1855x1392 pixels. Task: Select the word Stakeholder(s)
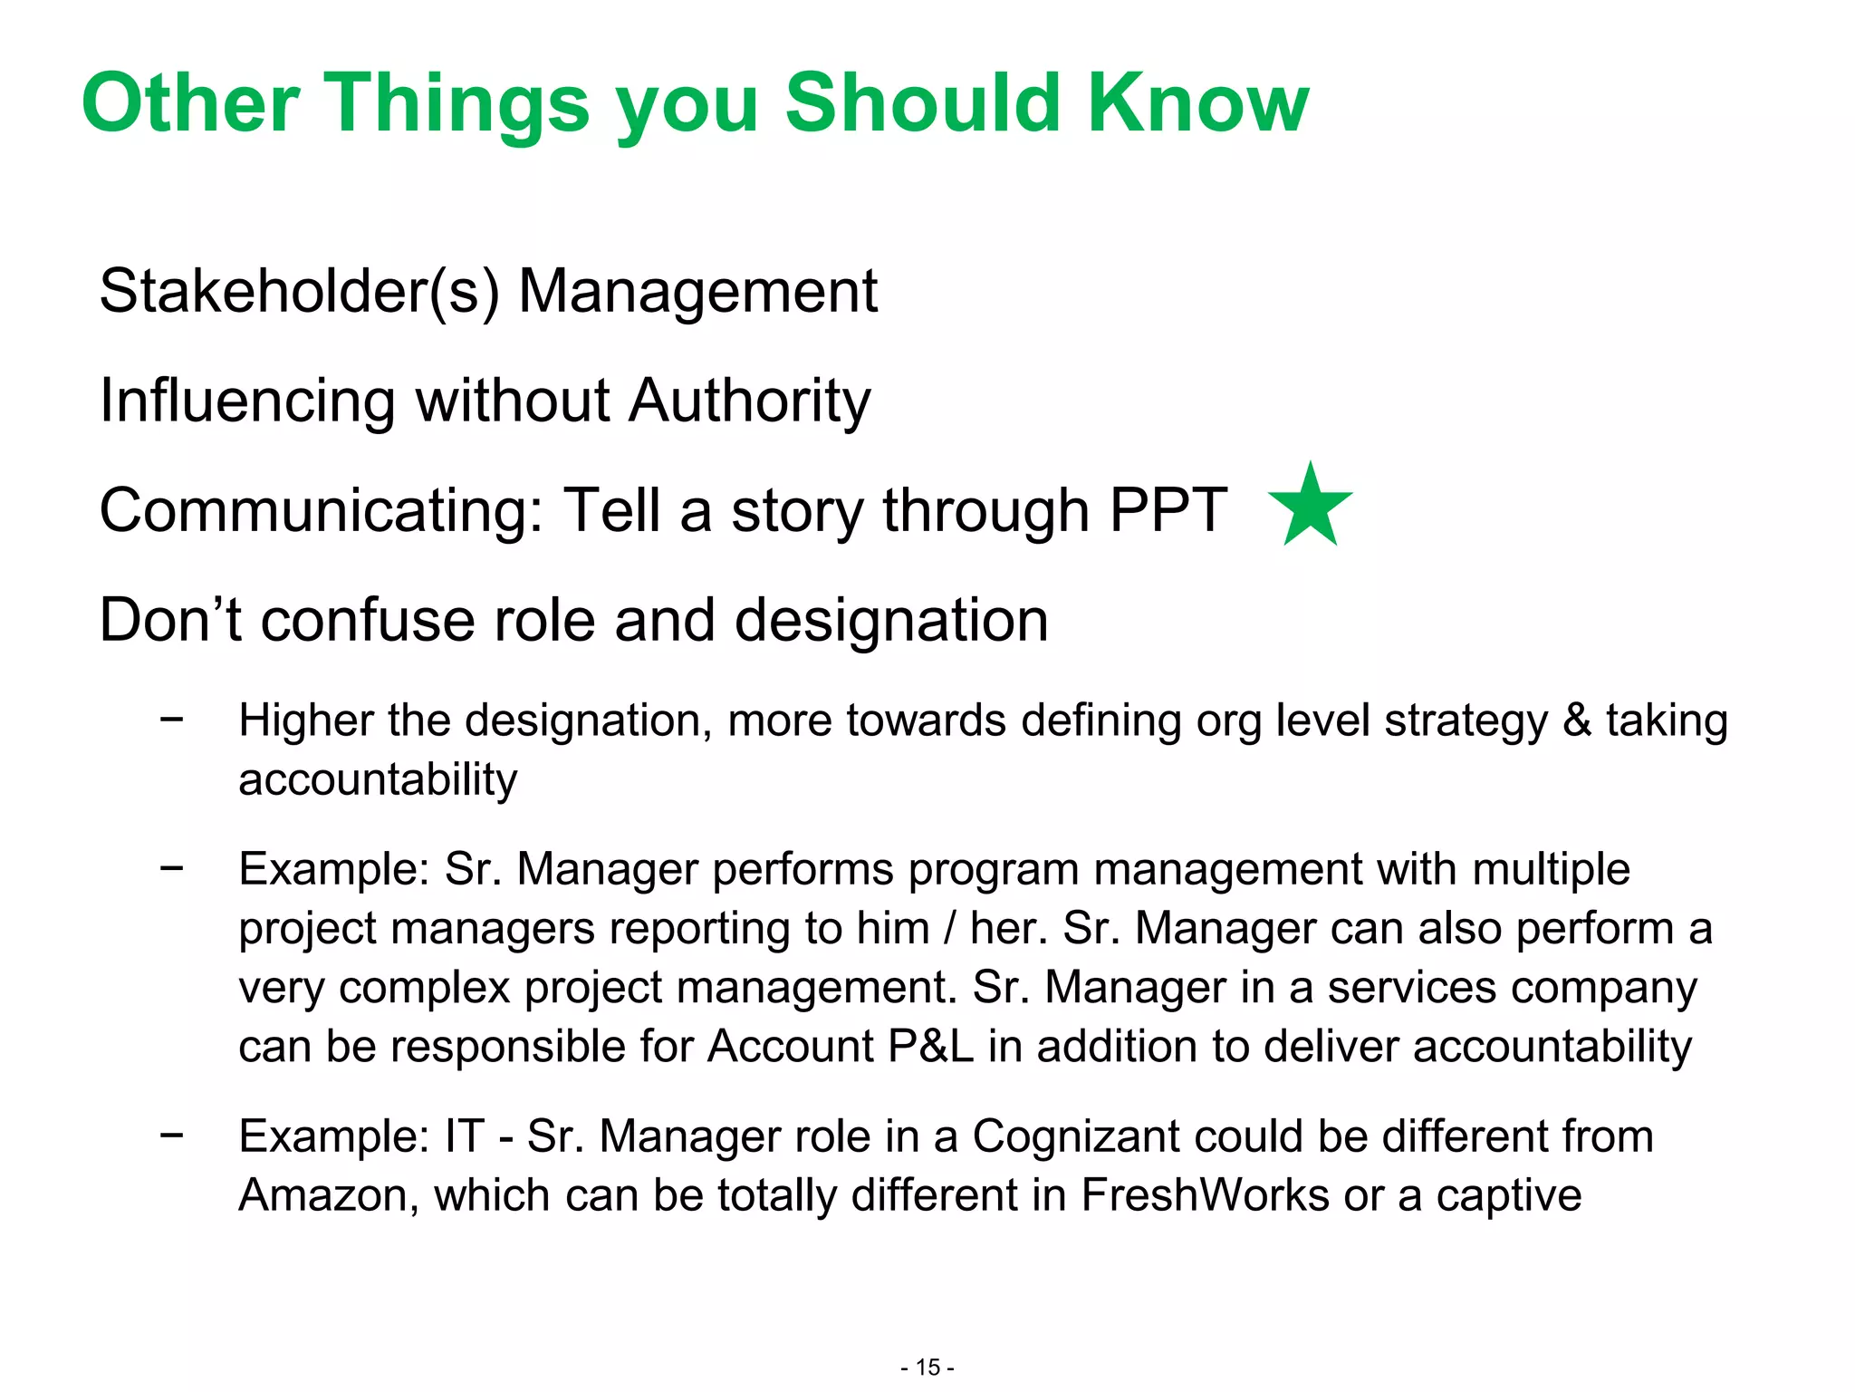[299, 292]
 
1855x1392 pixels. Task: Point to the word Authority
[749, 401]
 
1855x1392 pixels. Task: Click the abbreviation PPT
[1168, 510]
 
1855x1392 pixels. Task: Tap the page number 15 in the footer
[927, 1368]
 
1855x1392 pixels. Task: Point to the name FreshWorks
[1205, 1195]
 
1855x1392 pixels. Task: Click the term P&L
[931, 1047]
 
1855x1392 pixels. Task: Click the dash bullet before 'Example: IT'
[171, 1134]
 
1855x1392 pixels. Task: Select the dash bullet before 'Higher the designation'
[171, 719]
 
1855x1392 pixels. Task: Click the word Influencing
[247, 401]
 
